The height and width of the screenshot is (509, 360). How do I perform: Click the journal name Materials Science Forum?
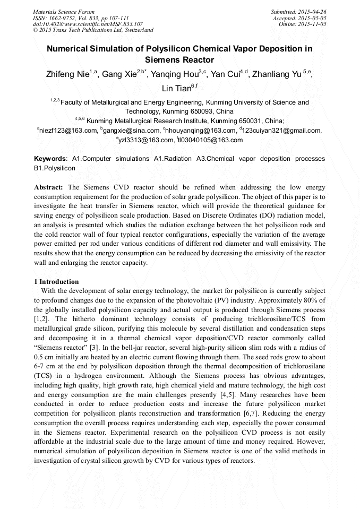64,12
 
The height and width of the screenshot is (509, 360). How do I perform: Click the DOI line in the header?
88,24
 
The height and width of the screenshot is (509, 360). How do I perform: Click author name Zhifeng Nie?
68,74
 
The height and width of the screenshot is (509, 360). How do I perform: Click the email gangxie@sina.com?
132,131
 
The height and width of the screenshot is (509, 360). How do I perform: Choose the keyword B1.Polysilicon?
55,168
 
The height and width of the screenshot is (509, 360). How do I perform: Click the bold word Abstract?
49,187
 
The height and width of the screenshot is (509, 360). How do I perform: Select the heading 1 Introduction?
56,282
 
